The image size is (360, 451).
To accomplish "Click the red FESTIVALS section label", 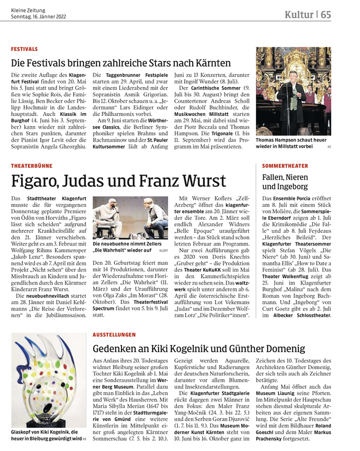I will point(24,49).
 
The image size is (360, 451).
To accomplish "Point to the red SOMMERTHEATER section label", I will point(285,166).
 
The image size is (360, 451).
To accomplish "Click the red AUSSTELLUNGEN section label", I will point(114,335).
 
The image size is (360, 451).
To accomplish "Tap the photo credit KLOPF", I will point(164,251).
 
